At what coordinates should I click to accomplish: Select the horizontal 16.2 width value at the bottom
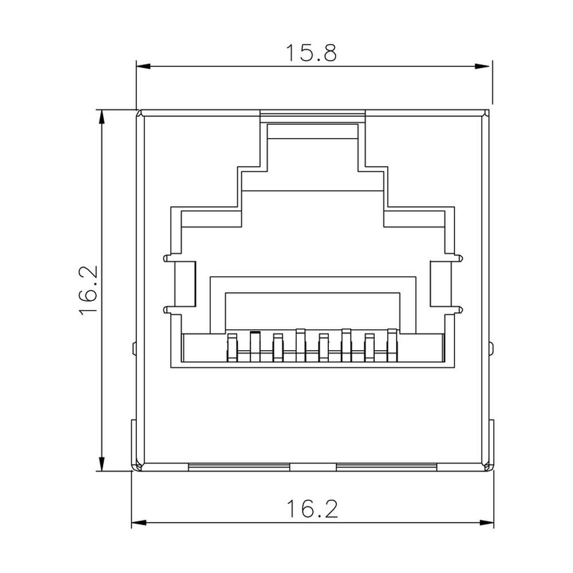tap(312, 508)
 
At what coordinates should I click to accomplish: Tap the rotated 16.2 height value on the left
tap(89, 291)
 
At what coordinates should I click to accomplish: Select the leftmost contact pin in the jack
tap(233, 347)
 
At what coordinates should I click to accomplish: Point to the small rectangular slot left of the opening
tap(189, 282)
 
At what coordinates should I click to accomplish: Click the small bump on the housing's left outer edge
tap(134, 348)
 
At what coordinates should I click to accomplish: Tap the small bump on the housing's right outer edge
tap(491, 348)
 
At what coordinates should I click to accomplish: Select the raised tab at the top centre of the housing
tap(312, 116)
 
